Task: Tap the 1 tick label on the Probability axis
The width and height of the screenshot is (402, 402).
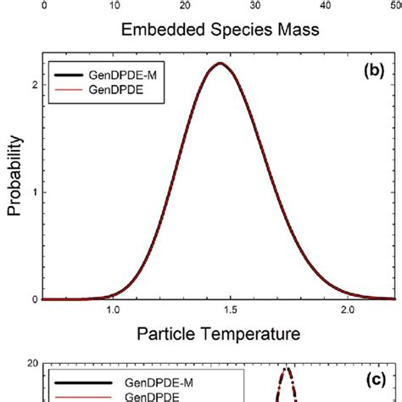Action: (x=31, y=192)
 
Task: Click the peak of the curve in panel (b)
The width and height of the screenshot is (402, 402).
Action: (x=220, y=64)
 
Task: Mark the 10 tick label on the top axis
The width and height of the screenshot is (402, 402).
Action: (x=113, y=4)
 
